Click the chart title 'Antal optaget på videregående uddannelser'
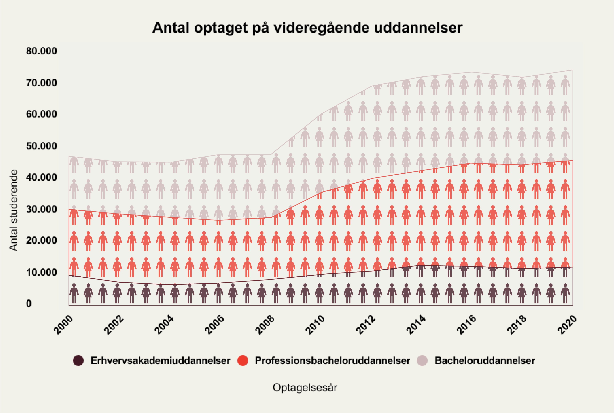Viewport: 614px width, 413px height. [x=307, y=28]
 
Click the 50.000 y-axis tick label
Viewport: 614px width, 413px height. [x=41, y=146]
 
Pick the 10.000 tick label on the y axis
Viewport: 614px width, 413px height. [x=41, y=272]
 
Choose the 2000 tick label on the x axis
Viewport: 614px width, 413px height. [x=63, y=325]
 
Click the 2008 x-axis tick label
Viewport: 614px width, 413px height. [x=265, y=325]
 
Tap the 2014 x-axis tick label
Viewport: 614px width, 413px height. [x=416, y=325]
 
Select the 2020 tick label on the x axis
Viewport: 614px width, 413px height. [x=567, y=325]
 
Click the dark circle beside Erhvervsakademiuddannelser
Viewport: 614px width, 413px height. [x=78, y=361]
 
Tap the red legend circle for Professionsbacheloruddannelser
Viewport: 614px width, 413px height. [x=243, y=361]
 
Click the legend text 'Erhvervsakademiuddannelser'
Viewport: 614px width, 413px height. [x=160, y=361]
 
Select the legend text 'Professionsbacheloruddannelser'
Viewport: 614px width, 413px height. [x=332, y=361]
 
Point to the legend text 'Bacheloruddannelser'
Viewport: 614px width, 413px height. [x=484, y=361]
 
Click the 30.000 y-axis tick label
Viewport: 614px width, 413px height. [x=41, y=209]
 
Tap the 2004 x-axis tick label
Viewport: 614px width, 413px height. [x=164, y=325]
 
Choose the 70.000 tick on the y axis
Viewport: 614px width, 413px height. [x=41, y=83]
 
